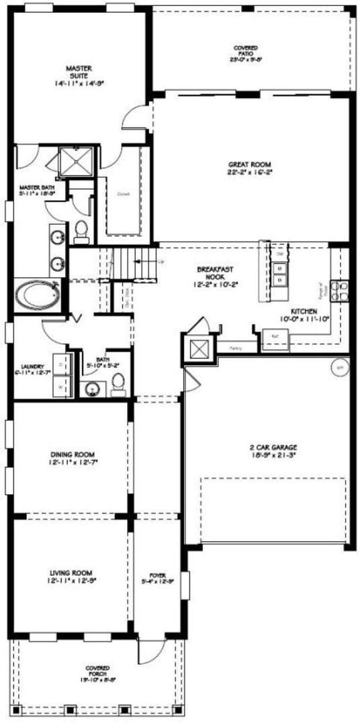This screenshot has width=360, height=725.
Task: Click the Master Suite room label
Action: (x=79, y=72)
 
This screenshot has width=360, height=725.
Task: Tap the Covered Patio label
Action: (x=245, y=48)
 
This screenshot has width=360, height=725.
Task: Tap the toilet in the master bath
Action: (x=82, y=230)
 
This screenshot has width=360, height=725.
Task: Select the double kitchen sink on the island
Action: (x=280, y=273)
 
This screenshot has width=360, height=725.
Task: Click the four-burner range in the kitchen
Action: (x=341, y=289)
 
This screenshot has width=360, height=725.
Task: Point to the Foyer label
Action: (x=158, y=576)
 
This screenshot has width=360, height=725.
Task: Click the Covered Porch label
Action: (x=98, y=668)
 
